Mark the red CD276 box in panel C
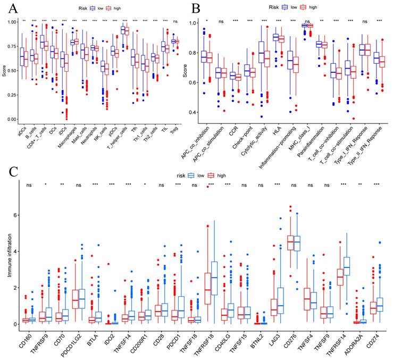pyautogui.click(x=290, y=242)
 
